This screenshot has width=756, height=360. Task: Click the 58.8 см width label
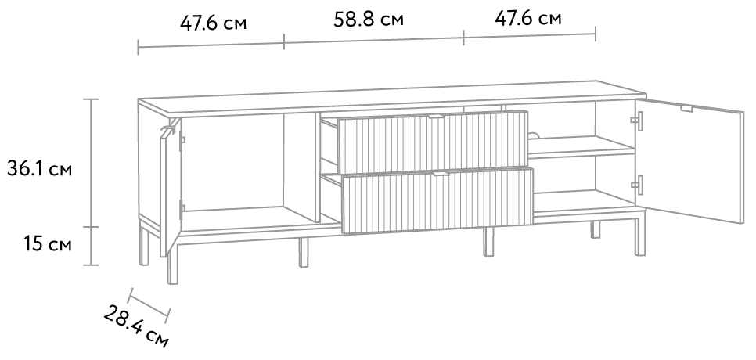pos(369,20)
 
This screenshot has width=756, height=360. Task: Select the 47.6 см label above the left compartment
pos(213,23)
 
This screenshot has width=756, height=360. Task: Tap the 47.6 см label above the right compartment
pos(528,18)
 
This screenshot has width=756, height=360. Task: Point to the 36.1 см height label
pos(40,169)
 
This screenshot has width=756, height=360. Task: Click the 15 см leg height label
pos(48,244)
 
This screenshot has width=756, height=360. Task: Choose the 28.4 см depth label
pos(136,326)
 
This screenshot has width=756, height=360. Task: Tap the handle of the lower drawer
pos(441,174)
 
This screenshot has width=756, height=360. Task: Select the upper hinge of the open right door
pos(637,121)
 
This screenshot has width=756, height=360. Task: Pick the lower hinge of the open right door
pos(637,185)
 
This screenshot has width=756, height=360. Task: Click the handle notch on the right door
pos(686,109)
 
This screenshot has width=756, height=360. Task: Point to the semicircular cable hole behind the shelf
pos(533,135)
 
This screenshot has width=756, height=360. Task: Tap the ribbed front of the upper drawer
pos(433,142)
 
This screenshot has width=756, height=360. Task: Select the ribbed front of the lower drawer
pos(437,200)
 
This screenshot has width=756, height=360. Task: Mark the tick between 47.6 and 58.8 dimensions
pos(284,41)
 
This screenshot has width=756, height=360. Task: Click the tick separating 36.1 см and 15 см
pos(91,227)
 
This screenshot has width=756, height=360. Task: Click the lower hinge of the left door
pos(182,209)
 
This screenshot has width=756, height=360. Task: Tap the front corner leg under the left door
pos(172,264)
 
